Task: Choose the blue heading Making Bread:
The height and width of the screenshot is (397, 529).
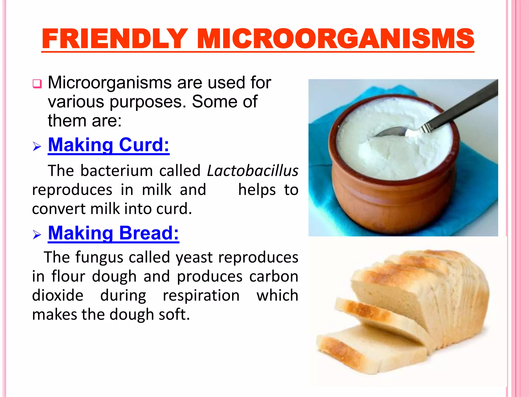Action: [x=113, y=233]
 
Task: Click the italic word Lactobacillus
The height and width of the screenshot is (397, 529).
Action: [x=253, y=171]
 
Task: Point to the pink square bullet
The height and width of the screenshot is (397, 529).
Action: [x=37, y=84]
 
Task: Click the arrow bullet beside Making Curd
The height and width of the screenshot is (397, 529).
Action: [x=37, y=147]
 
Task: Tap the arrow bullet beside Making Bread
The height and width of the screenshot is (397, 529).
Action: [x=37, y=235]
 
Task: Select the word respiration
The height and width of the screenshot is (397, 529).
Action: [x=201, y=295]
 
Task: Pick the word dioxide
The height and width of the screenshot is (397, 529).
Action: [x=58, y=295]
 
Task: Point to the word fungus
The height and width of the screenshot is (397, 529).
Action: [x=99, y=258]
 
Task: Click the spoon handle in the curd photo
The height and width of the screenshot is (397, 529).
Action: [x=462, y=106]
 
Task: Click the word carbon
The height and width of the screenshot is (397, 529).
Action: [x=274, y=277]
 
